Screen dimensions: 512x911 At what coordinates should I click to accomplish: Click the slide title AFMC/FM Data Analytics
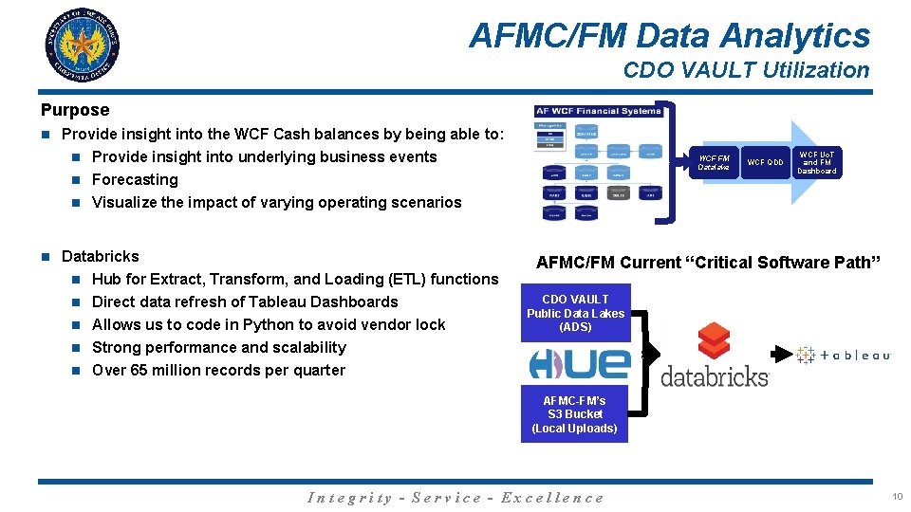pyautogui.click(x=669, y=36)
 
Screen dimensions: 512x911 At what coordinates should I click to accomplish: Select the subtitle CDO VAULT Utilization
pyautogui.click(x=746, y=70)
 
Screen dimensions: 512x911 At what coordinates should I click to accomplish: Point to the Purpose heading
pyautogui.click(x=75, y=110)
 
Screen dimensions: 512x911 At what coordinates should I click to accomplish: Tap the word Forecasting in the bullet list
pyautogui.click(x=135, y=179)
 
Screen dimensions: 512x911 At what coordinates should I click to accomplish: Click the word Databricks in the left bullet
pyautogui.click(x=100, y=256)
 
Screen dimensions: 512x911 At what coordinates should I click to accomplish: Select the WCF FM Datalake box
pyautogui.click(x=714, y=162)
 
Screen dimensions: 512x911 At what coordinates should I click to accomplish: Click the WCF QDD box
pyautogui.click(x=765, y=162)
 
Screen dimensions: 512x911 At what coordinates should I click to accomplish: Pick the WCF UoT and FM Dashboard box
pyautogui.click(x=817, y=162)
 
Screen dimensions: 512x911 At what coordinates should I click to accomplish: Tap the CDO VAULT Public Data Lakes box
pyautogui.click(x=575, y=313)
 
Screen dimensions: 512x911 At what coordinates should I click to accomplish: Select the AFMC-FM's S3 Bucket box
pyautogui.click(x=574, y=414)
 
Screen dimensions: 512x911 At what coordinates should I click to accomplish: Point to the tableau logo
pyautogui.click(x=844, y=355)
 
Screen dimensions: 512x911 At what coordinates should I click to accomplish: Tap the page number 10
pyautogui.click(x=897, y=496)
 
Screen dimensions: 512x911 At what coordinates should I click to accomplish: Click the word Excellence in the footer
pyautogui.click(x=552, y=498)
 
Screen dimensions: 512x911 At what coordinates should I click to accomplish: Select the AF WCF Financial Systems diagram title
pyautogui.click(x=598, y=111)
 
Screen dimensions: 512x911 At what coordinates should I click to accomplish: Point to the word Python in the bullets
pyautogui.click(x=269, y=324)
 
